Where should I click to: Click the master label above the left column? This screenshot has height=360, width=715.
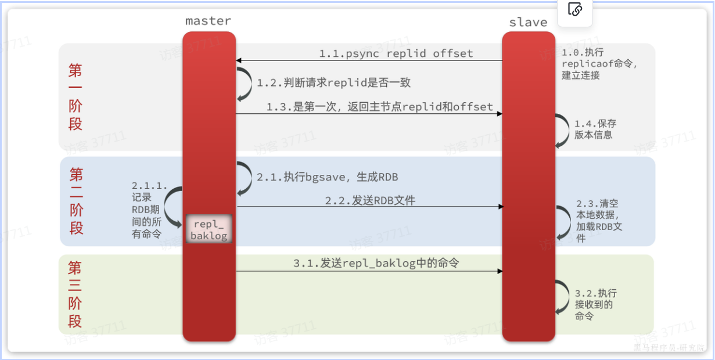[208, 21]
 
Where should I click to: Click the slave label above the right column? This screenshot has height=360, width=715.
[528, 23]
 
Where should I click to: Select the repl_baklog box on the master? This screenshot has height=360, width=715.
[209, 230]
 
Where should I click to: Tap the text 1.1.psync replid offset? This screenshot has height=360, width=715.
[396, 53]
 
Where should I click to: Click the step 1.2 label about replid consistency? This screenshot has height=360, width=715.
[333, 83]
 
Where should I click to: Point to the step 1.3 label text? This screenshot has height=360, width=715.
[379, 107]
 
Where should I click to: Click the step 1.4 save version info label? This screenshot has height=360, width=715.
[595, 129]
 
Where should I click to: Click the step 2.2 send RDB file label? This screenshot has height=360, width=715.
[370, 201]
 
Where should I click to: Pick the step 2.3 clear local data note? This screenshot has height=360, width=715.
[599, 221]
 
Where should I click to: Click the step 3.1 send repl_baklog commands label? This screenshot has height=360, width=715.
[376, 264]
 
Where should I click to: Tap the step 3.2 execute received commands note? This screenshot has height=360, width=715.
[595, 304]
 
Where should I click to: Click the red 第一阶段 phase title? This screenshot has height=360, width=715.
[76, 97]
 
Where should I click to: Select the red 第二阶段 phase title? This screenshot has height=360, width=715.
[76, 201]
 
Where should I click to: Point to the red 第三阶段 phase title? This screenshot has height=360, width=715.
[76, 294]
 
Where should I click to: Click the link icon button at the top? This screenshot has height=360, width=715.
[574, 10]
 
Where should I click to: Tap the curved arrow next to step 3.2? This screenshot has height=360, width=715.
[562, 298]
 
